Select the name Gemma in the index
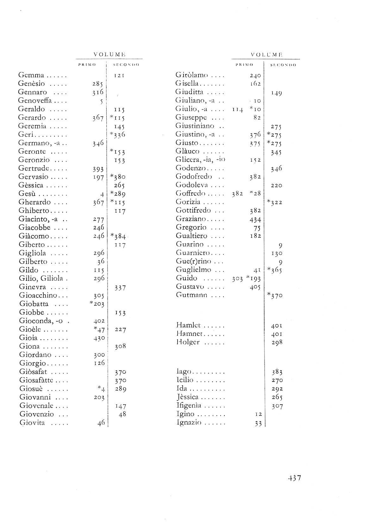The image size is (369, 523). (31, 76)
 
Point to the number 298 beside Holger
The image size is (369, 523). (277, 342)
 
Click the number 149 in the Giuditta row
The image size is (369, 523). (276, 93)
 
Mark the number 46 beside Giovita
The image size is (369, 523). (101, 423)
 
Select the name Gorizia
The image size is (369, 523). (188, 202)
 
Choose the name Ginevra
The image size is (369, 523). (33, 287)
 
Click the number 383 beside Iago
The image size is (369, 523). (277, 372)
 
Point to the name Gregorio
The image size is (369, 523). (191, 227)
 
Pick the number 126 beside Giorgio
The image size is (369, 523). (99, 363)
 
